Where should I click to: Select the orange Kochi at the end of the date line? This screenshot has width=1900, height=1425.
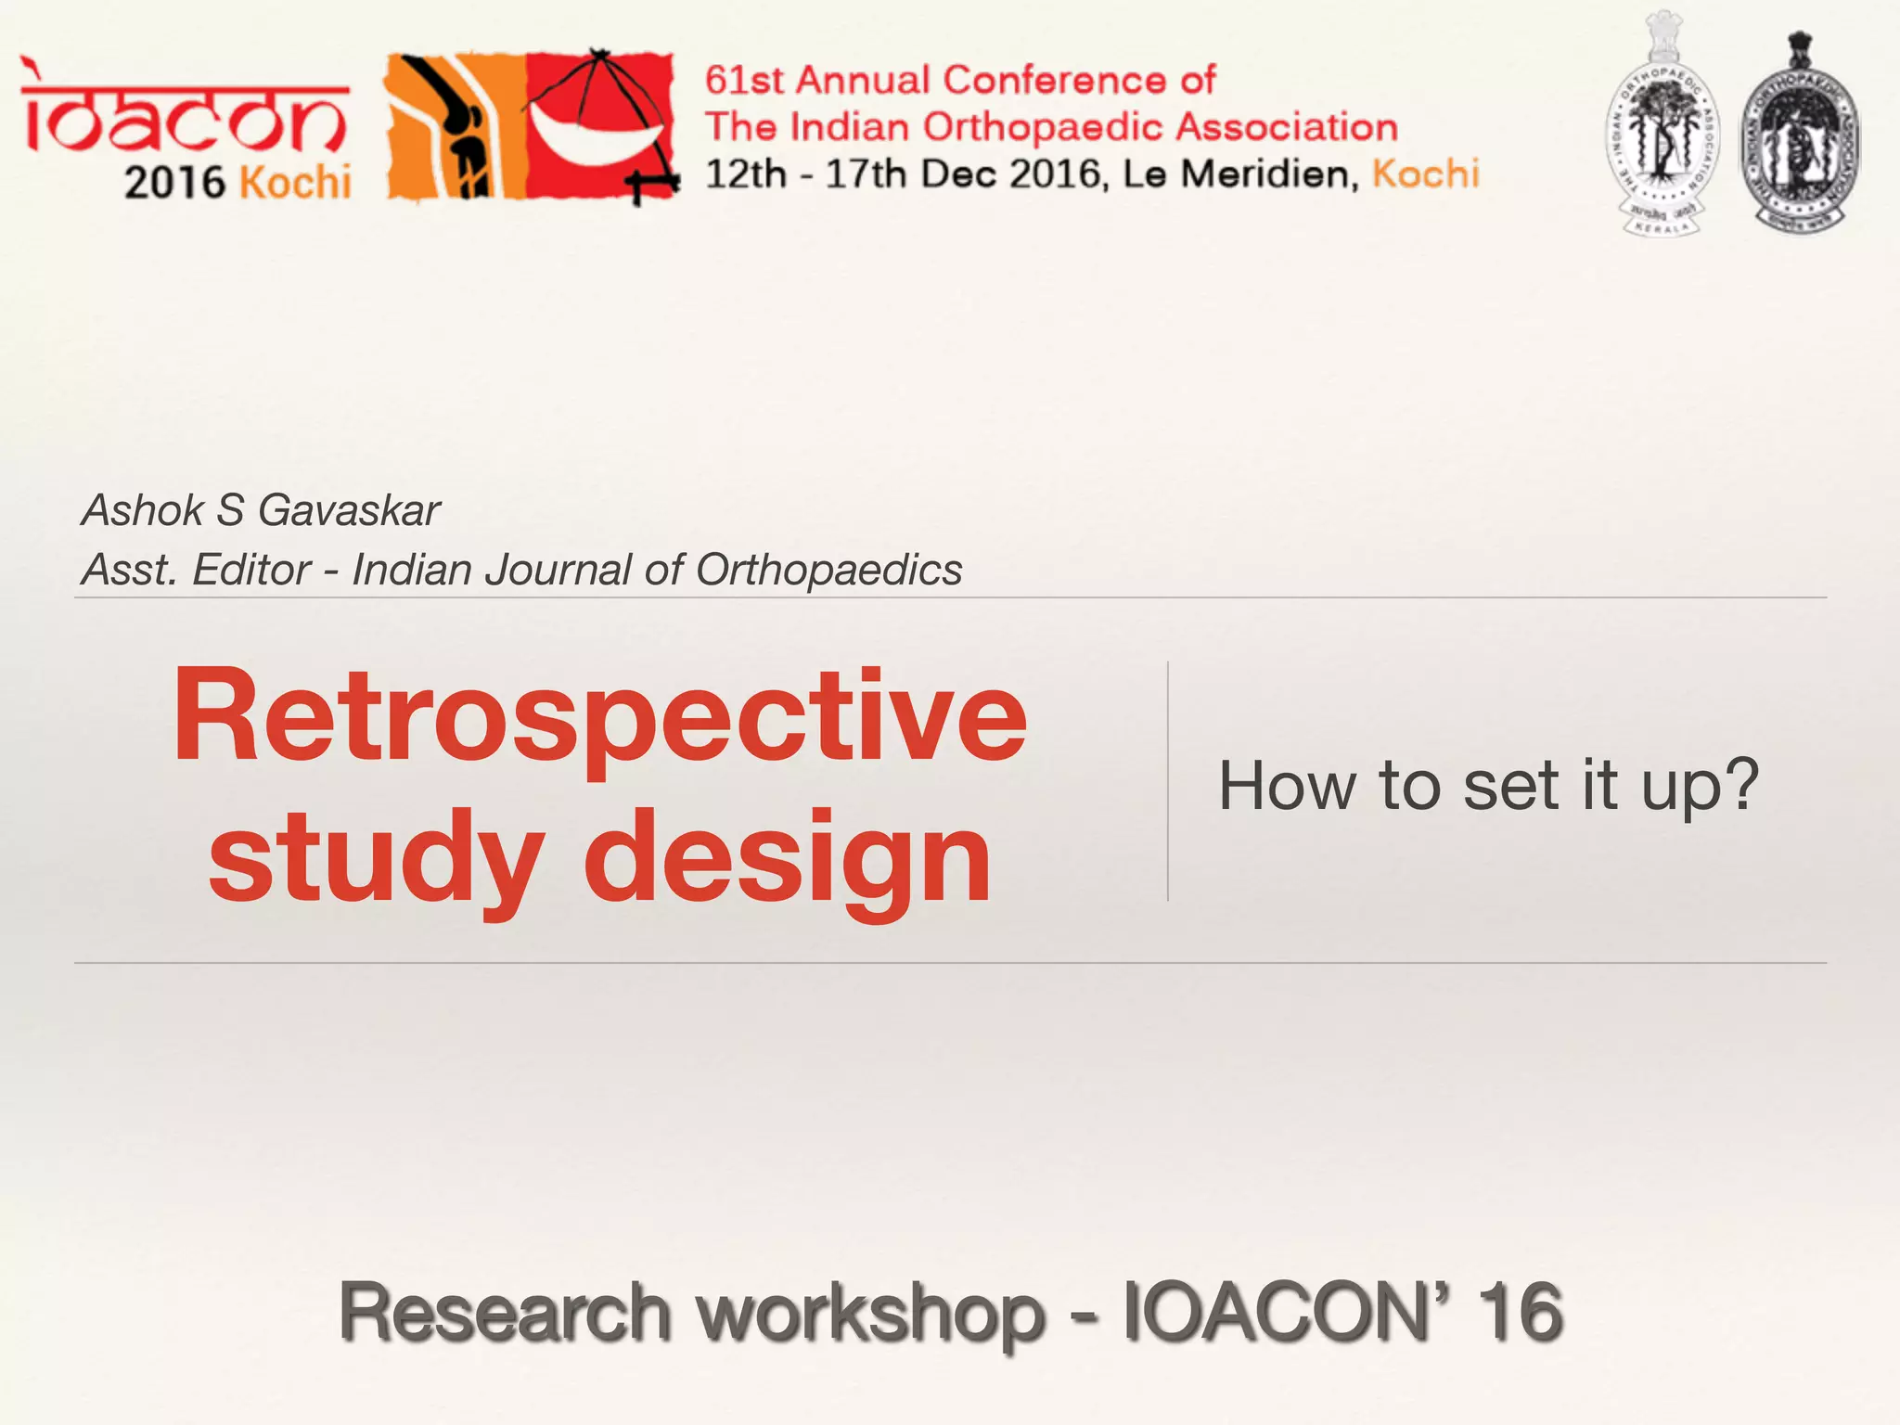point(1425,174)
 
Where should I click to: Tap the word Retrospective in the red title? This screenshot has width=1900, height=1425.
point(599,717)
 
